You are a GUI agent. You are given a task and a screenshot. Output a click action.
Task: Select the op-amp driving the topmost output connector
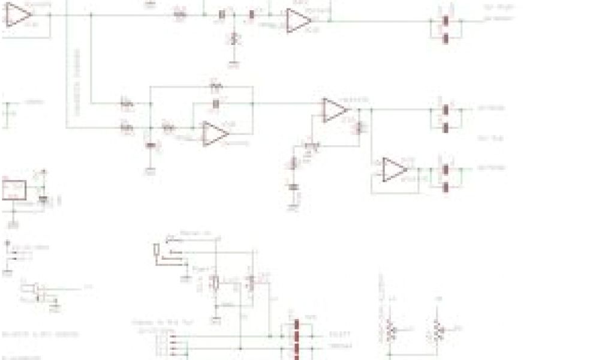point(299,20)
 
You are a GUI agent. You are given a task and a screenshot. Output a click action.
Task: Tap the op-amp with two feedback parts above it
point(215,133)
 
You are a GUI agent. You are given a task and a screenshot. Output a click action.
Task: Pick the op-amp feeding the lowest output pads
point(395,170)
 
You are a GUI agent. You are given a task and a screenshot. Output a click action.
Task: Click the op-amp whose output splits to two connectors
point(335,110)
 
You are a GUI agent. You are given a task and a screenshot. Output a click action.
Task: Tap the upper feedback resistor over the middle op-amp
point(216,88)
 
